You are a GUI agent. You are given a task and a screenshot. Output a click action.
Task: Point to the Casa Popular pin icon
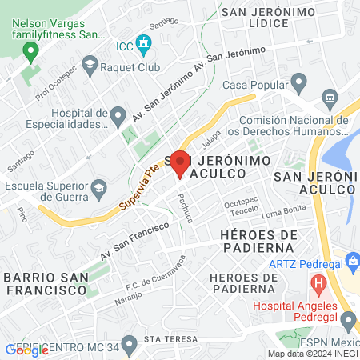[299, 82]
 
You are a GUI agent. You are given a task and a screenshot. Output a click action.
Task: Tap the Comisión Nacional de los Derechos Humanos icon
[330, 98]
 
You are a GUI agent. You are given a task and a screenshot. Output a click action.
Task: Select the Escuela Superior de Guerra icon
[99, 190]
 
